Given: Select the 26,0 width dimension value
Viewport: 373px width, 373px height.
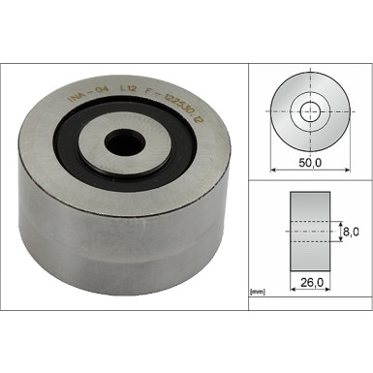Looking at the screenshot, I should click(310, 284).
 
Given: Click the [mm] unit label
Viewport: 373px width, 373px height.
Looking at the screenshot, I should click(259, 290).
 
